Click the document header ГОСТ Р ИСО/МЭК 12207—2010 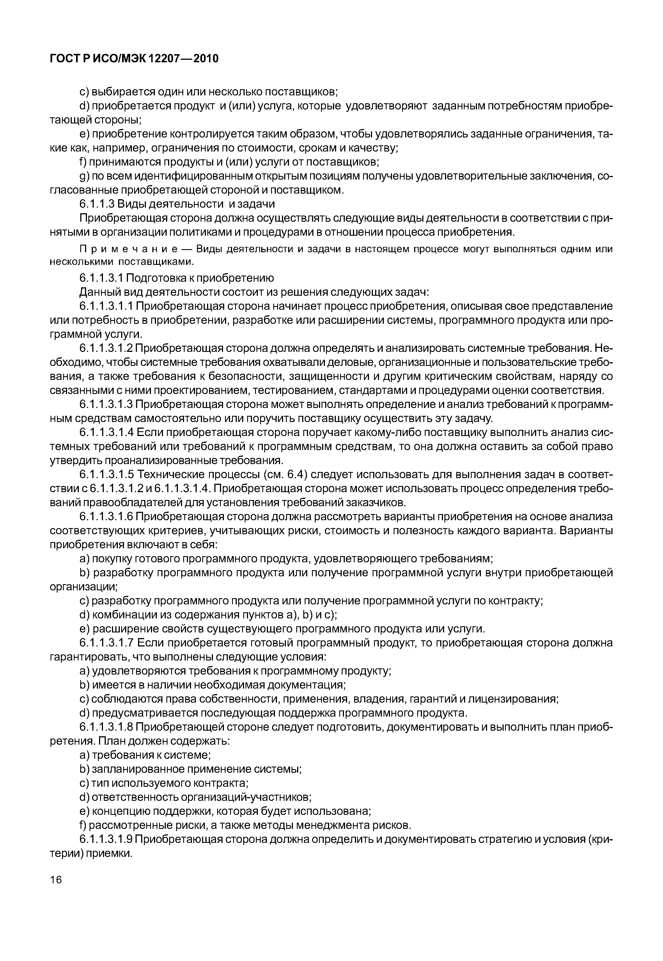134,59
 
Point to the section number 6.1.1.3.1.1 106,306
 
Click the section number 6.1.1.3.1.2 106,348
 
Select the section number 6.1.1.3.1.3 106,405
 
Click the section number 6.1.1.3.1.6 106,517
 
